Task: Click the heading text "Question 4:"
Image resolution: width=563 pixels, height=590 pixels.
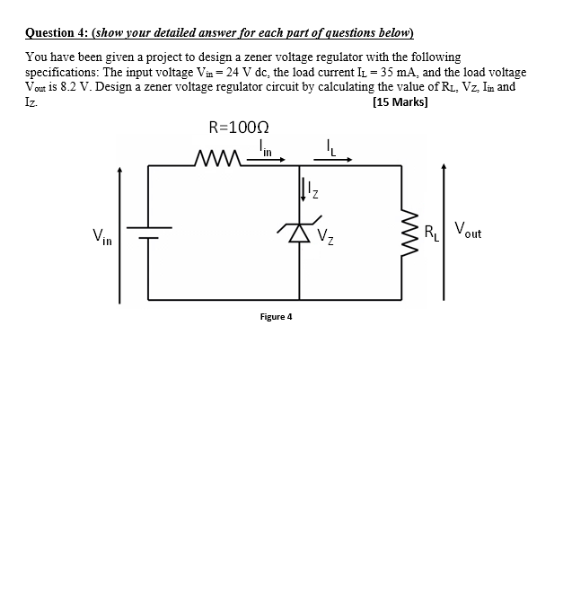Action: tap(56, 34)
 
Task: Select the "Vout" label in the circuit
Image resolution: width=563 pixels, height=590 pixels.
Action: tap(468, 231)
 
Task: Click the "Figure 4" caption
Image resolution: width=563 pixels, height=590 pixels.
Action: tap(276, 316)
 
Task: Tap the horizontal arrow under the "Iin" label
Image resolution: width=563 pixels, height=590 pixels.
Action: tap(270, 161)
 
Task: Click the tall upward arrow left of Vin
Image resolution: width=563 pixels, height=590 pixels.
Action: tap(119, 233)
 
